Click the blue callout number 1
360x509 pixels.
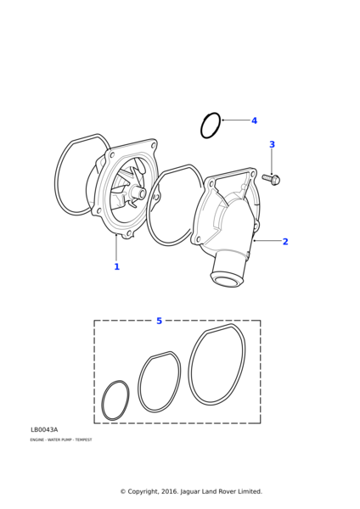[116, 266]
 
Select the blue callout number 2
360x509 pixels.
[285, 242]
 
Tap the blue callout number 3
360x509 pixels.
[272, 144]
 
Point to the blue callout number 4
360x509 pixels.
[254, 120]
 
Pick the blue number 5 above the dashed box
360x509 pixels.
[159, 321]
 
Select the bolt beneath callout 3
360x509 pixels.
[271, 179]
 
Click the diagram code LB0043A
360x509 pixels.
[44, 430]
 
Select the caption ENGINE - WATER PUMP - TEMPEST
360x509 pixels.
[60, 440]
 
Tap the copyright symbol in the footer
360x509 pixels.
[122, 491]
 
